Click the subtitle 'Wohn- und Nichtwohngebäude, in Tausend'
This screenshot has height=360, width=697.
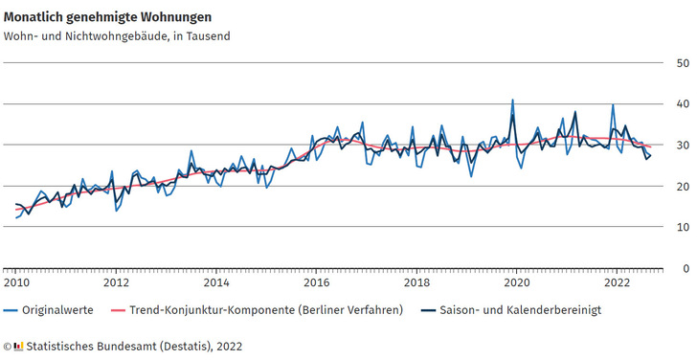(117, 36)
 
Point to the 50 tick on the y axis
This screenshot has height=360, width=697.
(683, 63)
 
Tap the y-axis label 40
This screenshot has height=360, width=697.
(683, 104)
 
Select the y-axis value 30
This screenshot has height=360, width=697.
(683, 146)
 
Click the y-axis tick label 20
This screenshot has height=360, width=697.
(683, 187)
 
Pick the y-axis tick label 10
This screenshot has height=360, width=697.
(683, 228)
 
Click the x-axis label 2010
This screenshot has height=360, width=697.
(16, 283)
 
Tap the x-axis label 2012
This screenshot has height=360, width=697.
(116, 283)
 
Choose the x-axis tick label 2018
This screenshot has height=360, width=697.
(416, 283)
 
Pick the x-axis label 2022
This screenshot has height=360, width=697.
(617, 283)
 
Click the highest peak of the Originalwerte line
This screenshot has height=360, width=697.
(512, 100)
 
